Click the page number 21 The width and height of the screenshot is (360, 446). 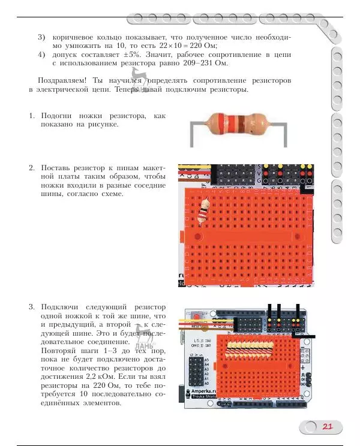[327, 427]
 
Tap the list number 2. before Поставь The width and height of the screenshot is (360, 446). [33, 167]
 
